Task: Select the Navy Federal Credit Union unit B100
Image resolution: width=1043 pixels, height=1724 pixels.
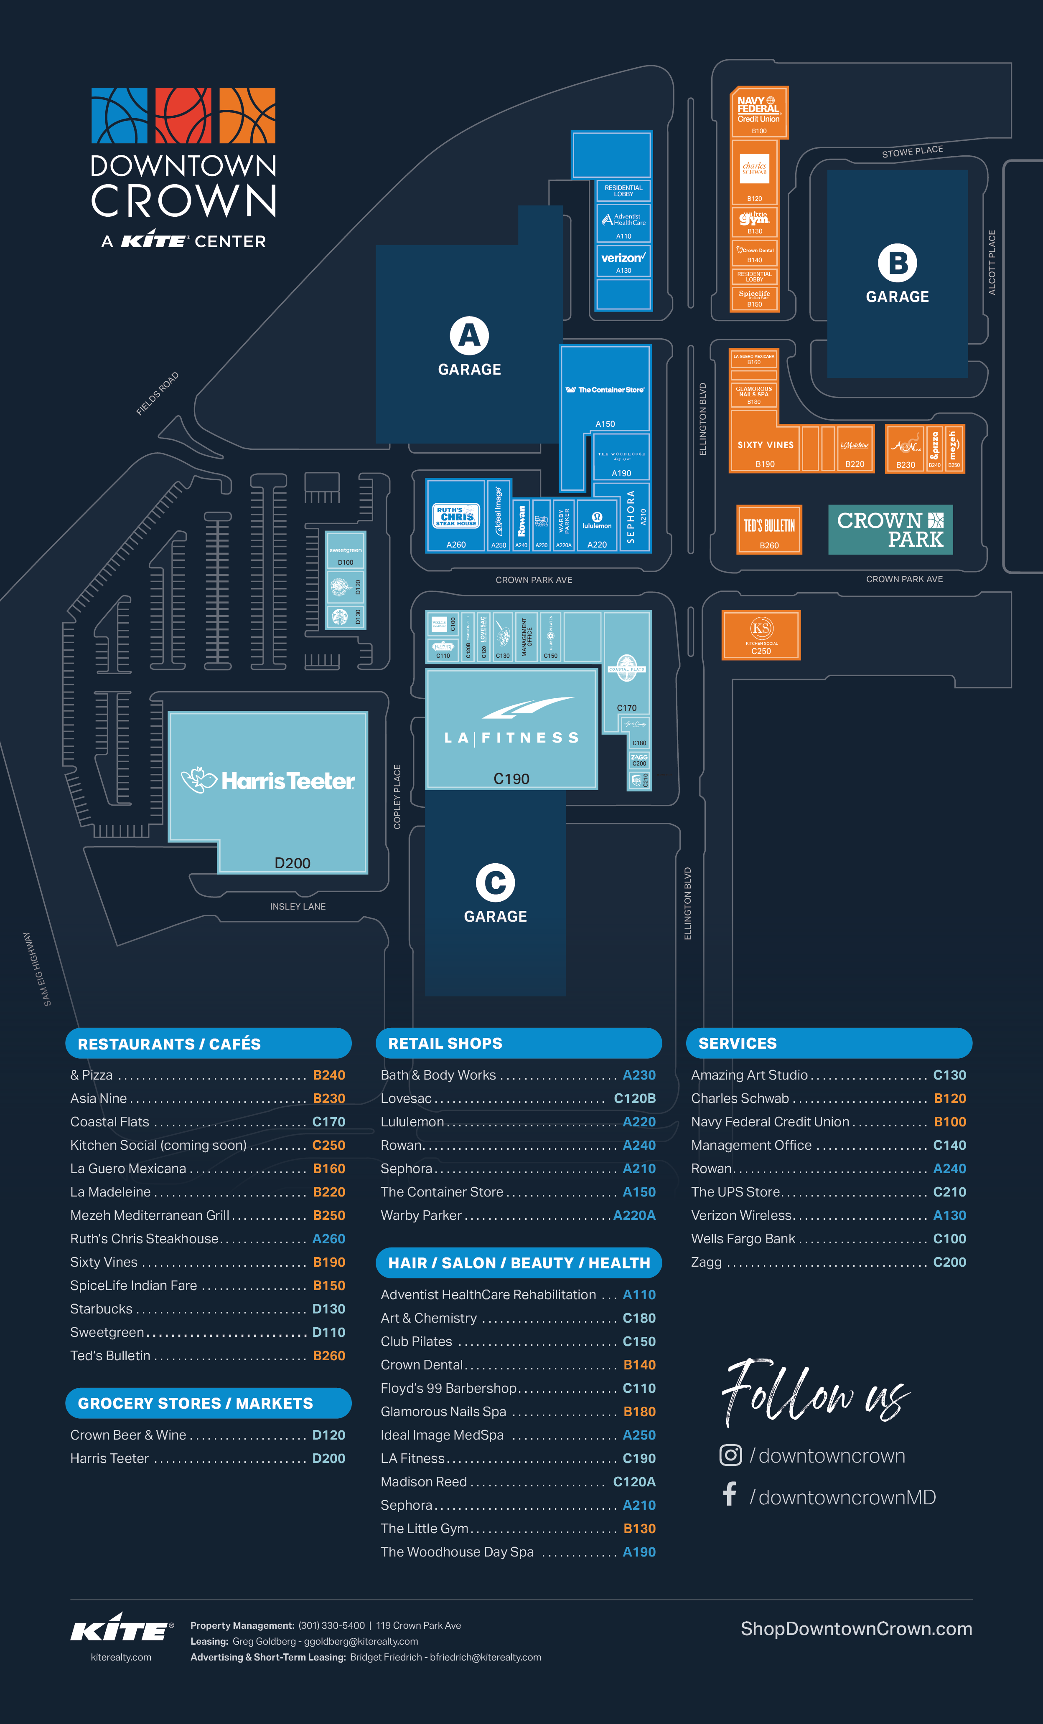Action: point(759,112)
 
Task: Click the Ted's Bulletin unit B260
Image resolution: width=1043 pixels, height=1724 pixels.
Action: point(768,530)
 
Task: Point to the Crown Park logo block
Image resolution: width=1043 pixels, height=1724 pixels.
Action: point(890,530)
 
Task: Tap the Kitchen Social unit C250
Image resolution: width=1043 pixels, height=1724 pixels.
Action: point(761,635)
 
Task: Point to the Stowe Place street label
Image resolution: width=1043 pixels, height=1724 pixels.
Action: point(912,151)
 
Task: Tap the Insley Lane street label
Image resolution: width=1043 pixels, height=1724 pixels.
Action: point(298,906)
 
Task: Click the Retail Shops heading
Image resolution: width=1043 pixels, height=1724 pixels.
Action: point(445,1043)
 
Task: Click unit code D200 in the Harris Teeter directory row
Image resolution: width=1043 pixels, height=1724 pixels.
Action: point(328,1458)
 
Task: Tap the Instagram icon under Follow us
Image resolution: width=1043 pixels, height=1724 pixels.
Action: point(730,1455)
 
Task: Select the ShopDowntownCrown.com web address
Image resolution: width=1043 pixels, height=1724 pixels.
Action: point(856,1629)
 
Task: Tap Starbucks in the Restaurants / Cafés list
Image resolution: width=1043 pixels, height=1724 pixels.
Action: point(102,1308)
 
